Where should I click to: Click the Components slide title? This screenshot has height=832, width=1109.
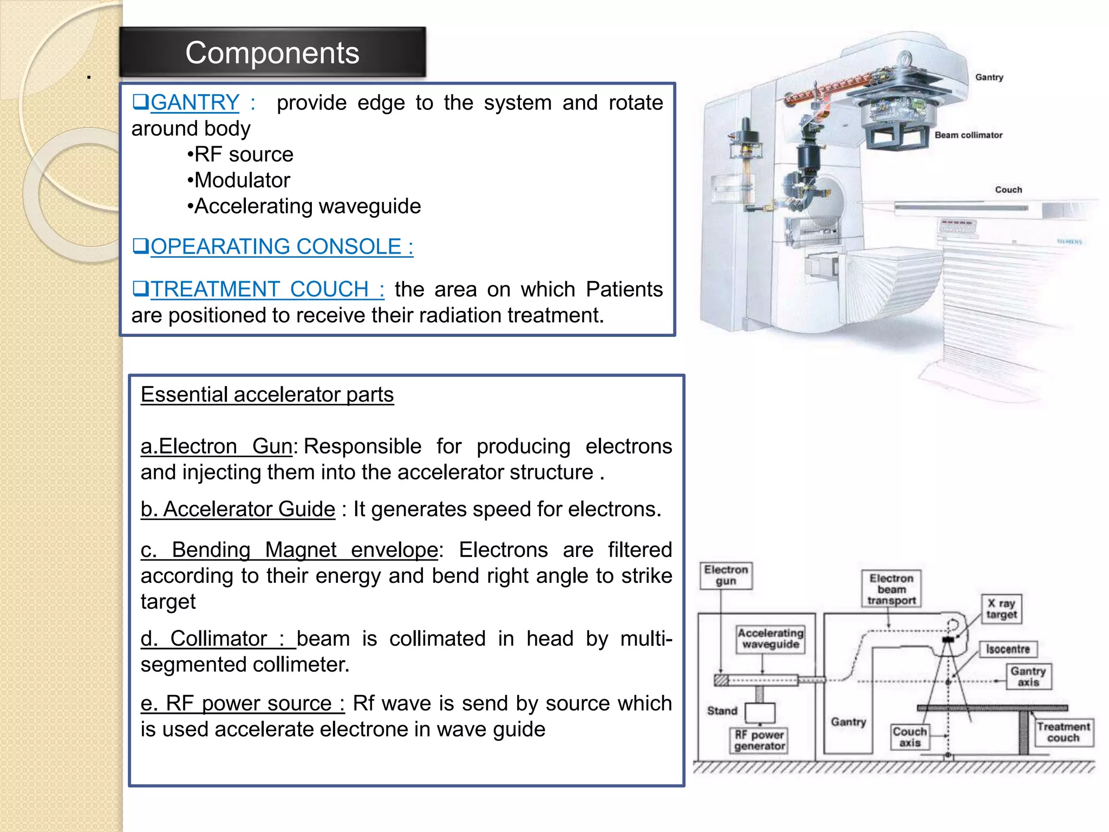[272, 53]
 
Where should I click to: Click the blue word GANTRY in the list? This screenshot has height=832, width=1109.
[194, 102]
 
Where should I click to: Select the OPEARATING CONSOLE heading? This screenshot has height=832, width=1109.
[281, 246]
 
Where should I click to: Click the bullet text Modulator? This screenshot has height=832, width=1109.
[242, 180]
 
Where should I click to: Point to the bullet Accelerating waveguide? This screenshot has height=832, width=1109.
[306, 206]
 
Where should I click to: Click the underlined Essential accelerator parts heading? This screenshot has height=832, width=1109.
[267, 394]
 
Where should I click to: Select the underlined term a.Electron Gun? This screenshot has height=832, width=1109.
[217, 446]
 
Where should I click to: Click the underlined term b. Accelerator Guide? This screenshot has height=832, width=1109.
[238, 509]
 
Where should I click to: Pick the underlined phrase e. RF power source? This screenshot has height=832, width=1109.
[243, 703]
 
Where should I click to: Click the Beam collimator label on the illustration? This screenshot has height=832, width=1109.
[968, 135]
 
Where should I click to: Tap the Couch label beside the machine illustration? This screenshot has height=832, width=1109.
[1008, 190]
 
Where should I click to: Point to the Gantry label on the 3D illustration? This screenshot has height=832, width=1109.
[989, 77]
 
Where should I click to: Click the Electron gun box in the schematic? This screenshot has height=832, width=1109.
[726, 575]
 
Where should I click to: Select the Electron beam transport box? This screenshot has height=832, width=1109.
[891, 589]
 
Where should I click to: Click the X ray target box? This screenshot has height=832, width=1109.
[1001, 609]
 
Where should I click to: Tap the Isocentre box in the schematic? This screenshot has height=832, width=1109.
[1007, 649]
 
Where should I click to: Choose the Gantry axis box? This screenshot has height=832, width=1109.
[1028, 677]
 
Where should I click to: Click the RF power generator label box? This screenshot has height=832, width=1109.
[759, 740]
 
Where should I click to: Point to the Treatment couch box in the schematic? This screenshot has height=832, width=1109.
[1063, 732]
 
